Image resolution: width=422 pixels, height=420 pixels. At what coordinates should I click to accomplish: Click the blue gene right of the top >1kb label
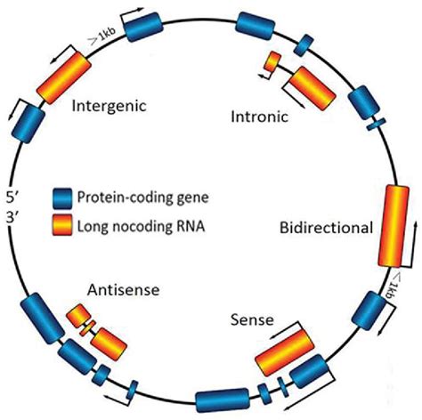142,27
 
